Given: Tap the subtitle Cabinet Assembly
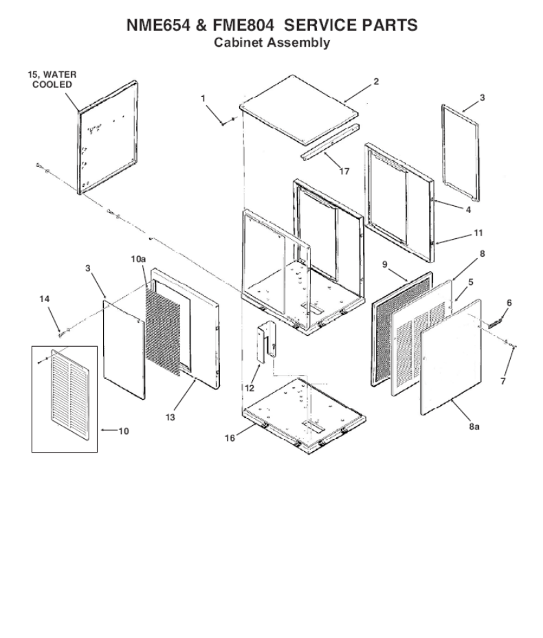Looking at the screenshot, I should click(271, 43).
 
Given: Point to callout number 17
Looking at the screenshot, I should click(343, 172).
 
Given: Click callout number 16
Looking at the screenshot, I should click(231, 437).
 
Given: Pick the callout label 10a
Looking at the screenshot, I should click(138, 258).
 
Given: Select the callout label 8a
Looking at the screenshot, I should click(474, 426).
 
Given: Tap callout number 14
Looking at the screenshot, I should click(45, 299).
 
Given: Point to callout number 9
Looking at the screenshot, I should click(385, 264).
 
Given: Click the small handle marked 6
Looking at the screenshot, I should click(498, 321).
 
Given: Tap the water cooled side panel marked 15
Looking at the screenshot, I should click(107, 137).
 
